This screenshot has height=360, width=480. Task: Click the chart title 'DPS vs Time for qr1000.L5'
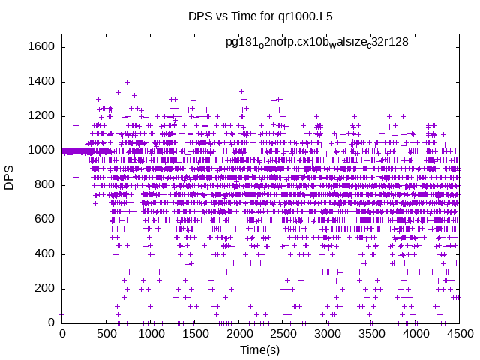click(x=259, y=17)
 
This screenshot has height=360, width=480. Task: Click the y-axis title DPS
click(x=10, y=177)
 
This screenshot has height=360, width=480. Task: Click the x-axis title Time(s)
click(x=259, y=350)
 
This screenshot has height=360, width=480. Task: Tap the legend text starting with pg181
click(x=316, y=42)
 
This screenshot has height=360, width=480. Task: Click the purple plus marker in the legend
click(x=431, y=43)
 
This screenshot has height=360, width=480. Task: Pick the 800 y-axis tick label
click(x=42, y=185)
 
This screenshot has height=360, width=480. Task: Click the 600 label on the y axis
click(x=42, y=220)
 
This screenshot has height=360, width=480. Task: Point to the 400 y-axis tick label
click(x=42, y=254)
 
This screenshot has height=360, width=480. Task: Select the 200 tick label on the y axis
click(x=42, y=289)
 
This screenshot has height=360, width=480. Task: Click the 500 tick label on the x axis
click(x=106, y=334)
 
